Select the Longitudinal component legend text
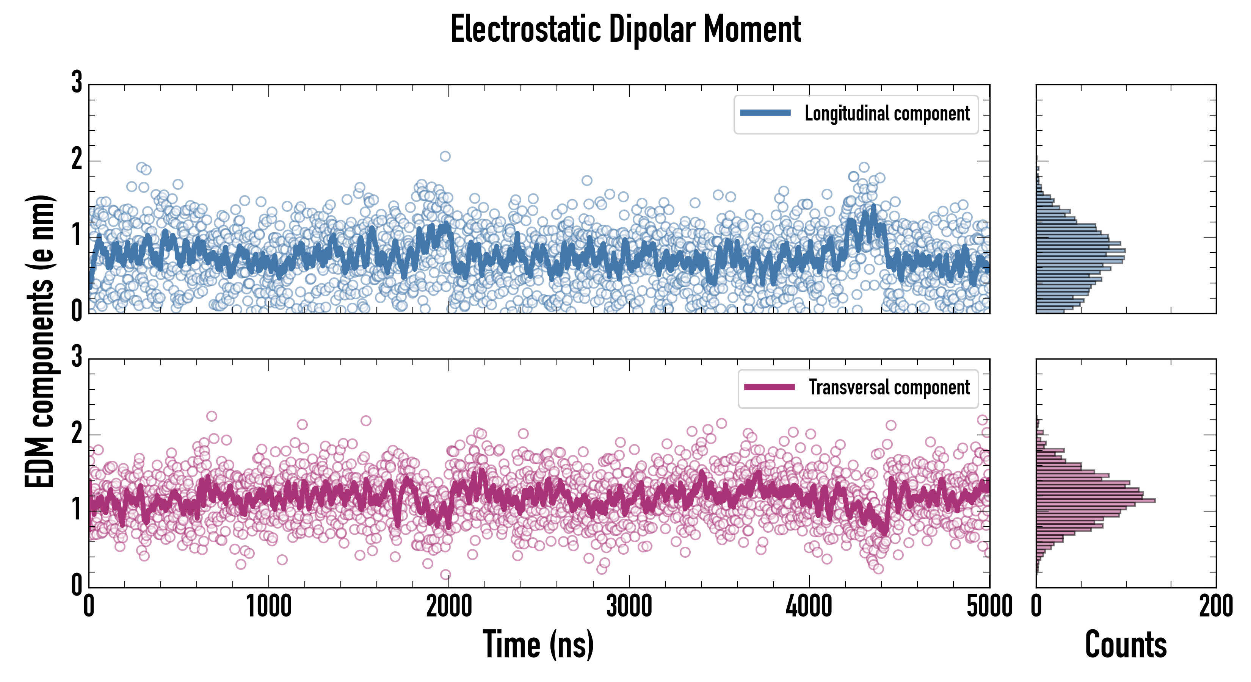pyautogui.click(x=887, y=114)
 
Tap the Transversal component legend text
pyautogui.click(x=889, y=387)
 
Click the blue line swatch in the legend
pyautogui.click(x=765, y=113)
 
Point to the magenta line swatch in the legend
pyautogui.click(x=769, y=387)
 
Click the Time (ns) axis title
pyautogui.click(x=538, y=644)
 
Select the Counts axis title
pyautogui.click(x=1126, y=644)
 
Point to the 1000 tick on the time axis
pyautogui.click(x=268, y=607)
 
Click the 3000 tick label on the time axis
pyautogui.click(x=629, y=607)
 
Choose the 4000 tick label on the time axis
pyautogui.click(x=809, y=607)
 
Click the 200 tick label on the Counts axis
pyautogui.click(x=1215, y=607)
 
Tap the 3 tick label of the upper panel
pyautogui.click(x=77, y=83)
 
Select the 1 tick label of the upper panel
pyautogui.click(x=77, y=236)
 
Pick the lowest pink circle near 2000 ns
pyautogui.click(x=445, y=575)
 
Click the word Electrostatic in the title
pyautogui.click(x=525, y=30)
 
